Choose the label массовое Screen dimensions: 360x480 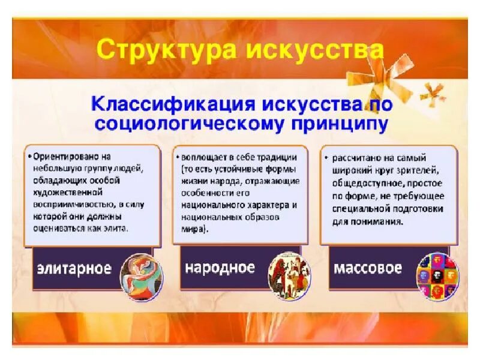(367, 267)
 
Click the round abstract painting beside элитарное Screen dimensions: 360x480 (142, 277)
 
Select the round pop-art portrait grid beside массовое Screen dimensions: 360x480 (437, 275)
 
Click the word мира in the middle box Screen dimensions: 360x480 (191, 229)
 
